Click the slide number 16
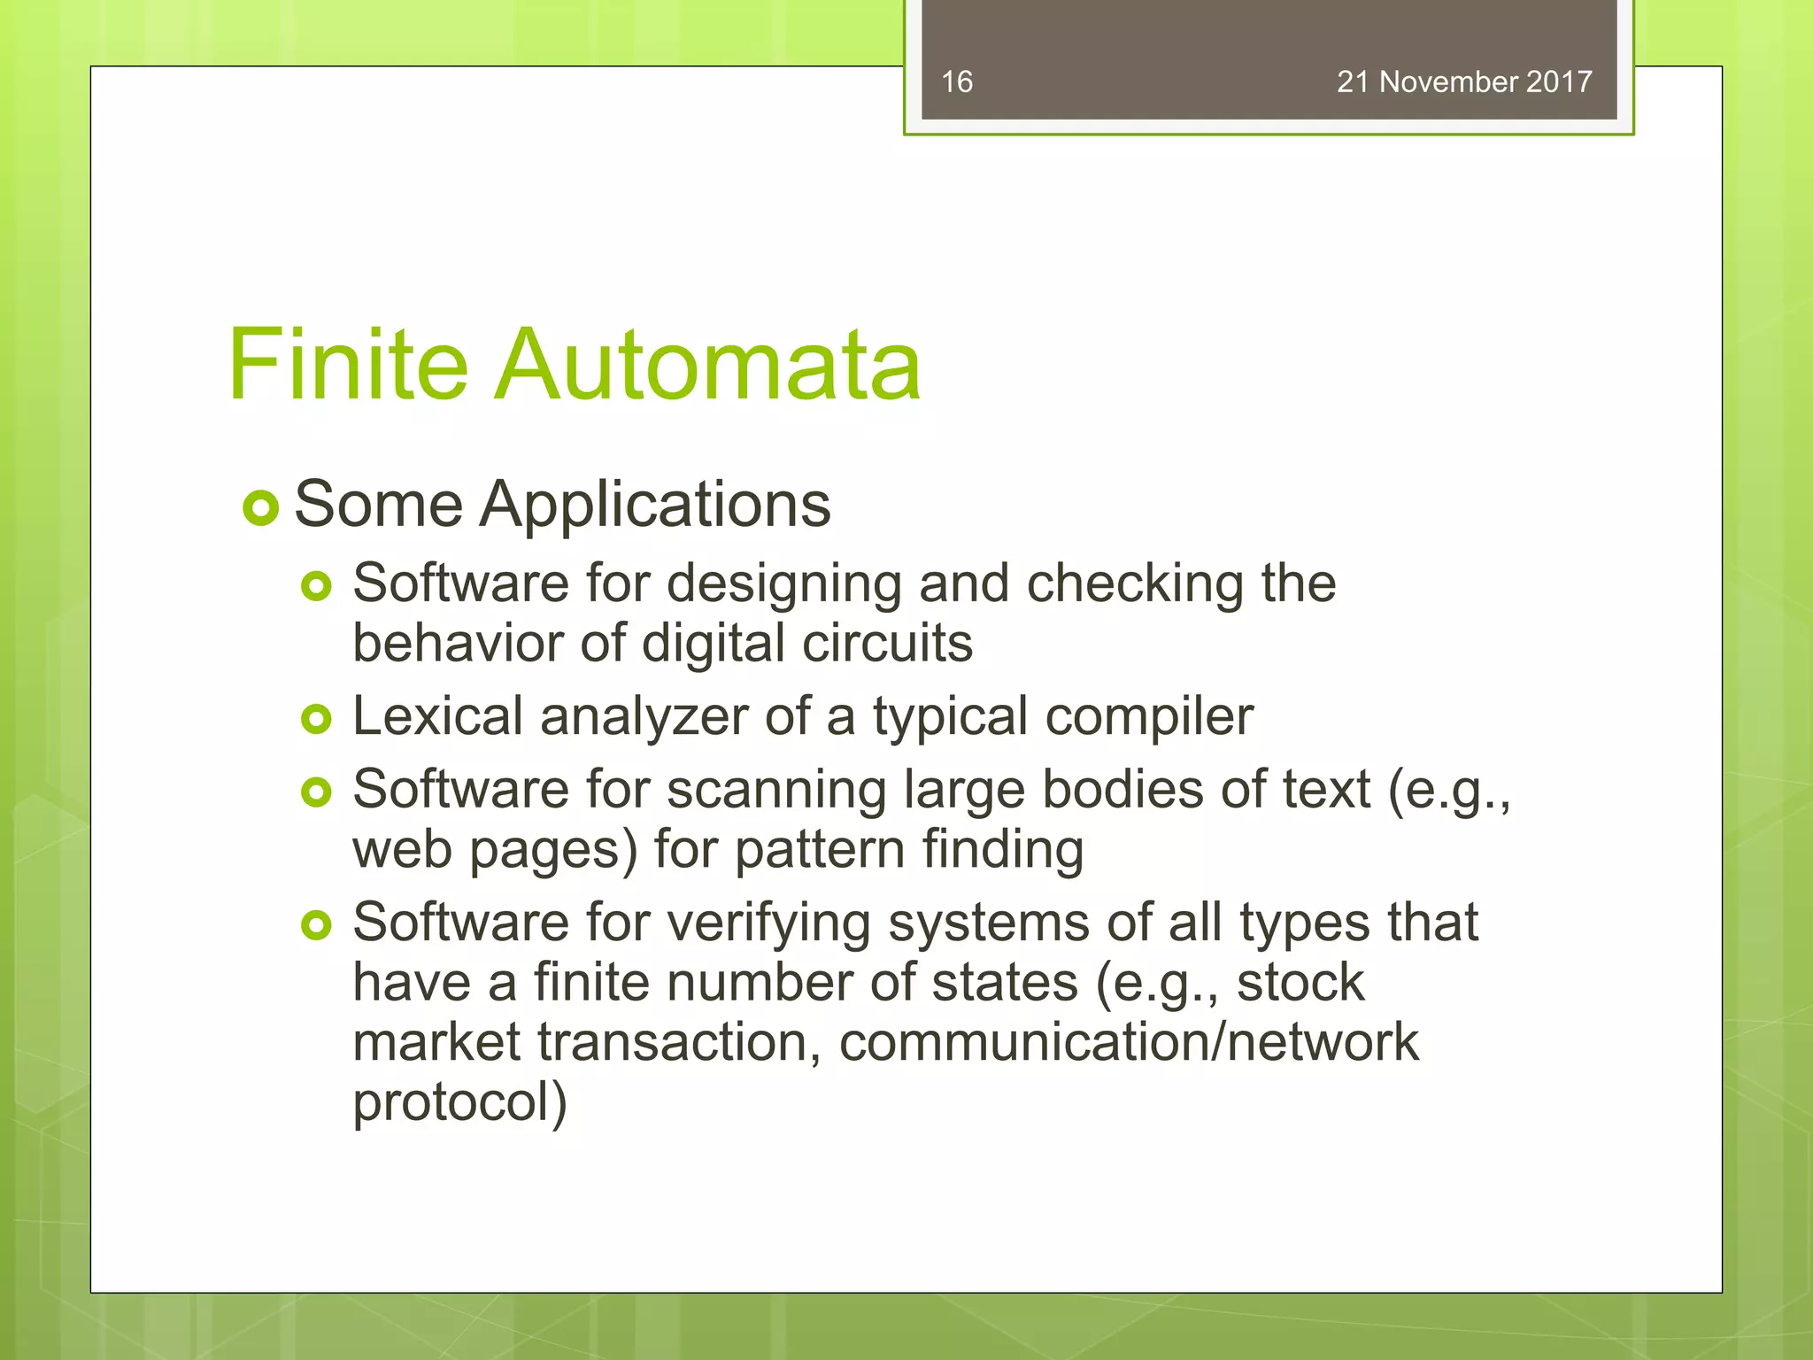click(x=956, y=82)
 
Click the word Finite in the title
click(x=347, y=365)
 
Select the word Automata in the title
click(x=707, y=365)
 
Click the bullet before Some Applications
click(x=260, y=508)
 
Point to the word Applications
click(x=655, y=505)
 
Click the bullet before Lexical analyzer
click(x=316, y=719)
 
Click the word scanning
click(x=776, y=791)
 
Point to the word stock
click(x=1300, y=982)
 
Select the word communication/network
click(x=1129, y=1042)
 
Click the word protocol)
click(x=459, y=1102)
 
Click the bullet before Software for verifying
click(x=316, y=926)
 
